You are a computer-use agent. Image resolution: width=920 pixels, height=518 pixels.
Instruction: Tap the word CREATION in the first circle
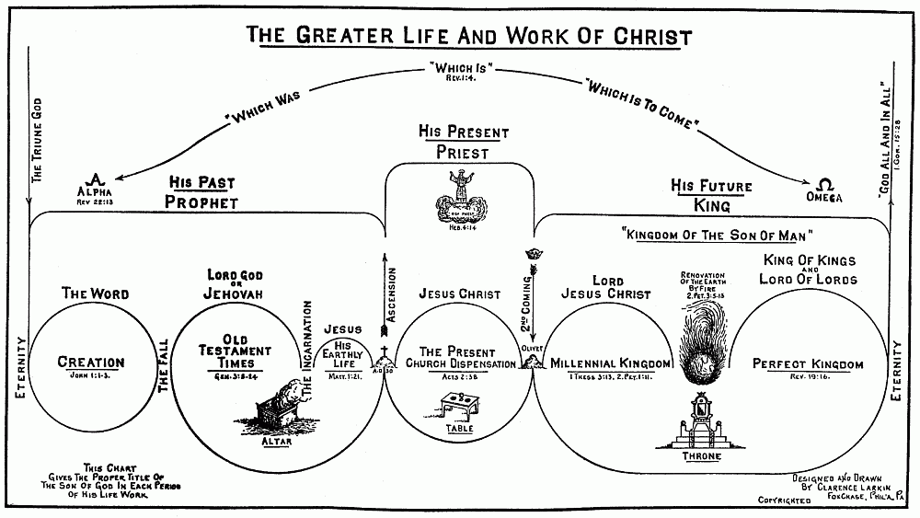click(x=90, y=363)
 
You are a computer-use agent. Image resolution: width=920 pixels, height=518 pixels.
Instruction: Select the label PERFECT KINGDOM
click(x=807, y=364)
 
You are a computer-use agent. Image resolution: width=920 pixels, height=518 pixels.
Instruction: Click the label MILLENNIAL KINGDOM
click(x=610, y=364)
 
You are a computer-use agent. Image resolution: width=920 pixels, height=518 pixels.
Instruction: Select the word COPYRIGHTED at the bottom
click(x=783, y=501)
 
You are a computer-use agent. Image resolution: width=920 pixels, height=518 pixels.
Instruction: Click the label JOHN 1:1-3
click(x=90, y=376)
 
